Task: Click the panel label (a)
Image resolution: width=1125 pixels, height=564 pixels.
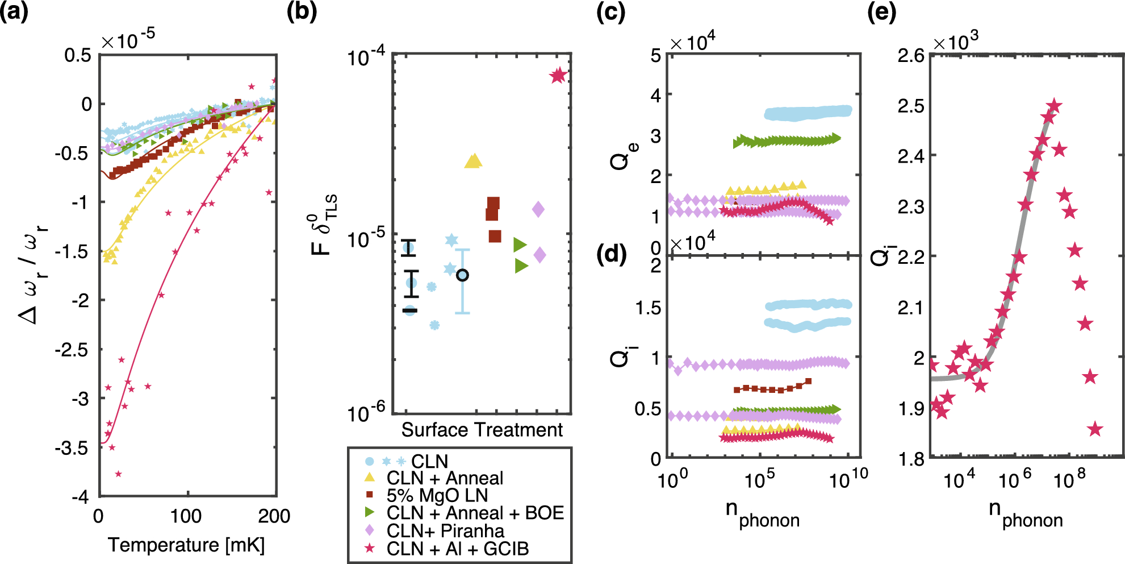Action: click(14, 11)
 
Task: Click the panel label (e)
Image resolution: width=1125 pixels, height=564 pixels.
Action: click(881, 11)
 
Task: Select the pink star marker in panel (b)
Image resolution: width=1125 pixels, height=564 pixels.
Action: click(558, 75)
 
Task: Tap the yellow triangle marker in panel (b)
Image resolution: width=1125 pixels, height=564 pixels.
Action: click(472, 161)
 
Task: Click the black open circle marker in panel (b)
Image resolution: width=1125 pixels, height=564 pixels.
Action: click(462, 275)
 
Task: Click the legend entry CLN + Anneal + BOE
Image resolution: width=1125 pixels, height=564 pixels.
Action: click(475, 513)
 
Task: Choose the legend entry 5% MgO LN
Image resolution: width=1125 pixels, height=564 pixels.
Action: click(437, 495)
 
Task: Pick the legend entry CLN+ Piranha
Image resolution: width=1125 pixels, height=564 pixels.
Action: click(445, 531)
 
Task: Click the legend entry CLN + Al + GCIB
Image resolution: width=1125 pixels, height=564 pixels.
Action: click(457, 549)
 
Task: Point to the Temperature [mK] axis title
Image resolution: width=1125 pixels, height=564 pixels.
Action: click(186, 545)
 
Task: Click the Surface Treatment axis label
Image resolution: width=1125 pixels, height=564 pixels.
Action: click(482, 430)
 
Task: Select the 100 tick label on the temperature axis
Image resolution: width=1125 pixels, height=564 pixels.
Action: click(186, 516)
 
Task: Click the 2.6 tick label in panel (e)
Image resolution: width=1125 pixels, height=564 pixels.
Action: click(911, 55)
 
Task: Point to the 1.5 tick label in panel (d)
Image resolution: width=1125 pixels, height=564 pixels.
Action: click(648, 308)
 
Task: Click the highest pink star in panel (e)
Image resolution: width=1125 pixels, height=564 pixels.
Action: click(1054, 106)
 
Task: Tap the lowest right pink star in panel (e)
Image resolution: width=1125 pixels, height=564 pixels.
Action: click(1095, 429)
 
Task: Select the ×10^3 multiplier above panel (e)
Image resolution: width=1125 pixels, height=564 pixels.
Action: click(956, 41)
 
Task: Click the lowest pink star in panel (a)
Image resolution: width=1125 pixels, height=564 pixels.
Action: click(118, 474)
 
